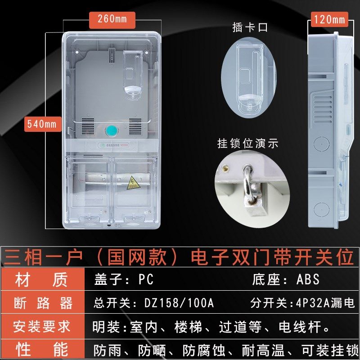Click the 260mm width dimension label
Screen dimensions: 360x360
[112, 19]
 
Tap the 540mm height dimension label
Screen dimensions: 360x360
[41, 123]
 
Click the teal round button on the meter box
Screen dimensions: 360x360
[112, 130]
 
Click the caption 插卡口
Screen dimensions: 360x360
[250, 27]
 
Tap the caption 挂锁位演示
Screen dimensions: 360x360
[248, 144]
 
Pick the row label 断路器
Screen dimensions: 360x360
[43, 303]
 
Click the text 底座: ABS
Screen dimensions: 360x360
[285, 279]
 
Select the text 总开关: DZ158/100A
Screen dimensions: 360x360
[153, 303]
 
